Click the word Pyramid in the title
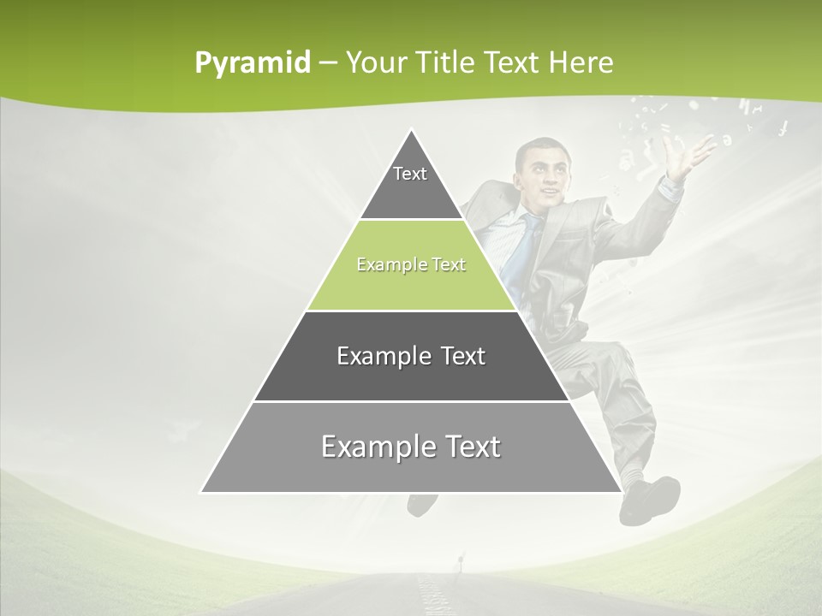(252, 63)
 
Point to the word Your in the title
(374, 63)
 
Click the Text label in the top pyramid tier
(410, 174)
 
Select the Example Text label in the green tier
(411, 264)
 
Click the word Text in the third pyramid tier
(462, 356)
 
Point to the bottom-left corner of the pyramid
(202, 492)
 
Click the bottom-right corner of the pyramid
(621, 492)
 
